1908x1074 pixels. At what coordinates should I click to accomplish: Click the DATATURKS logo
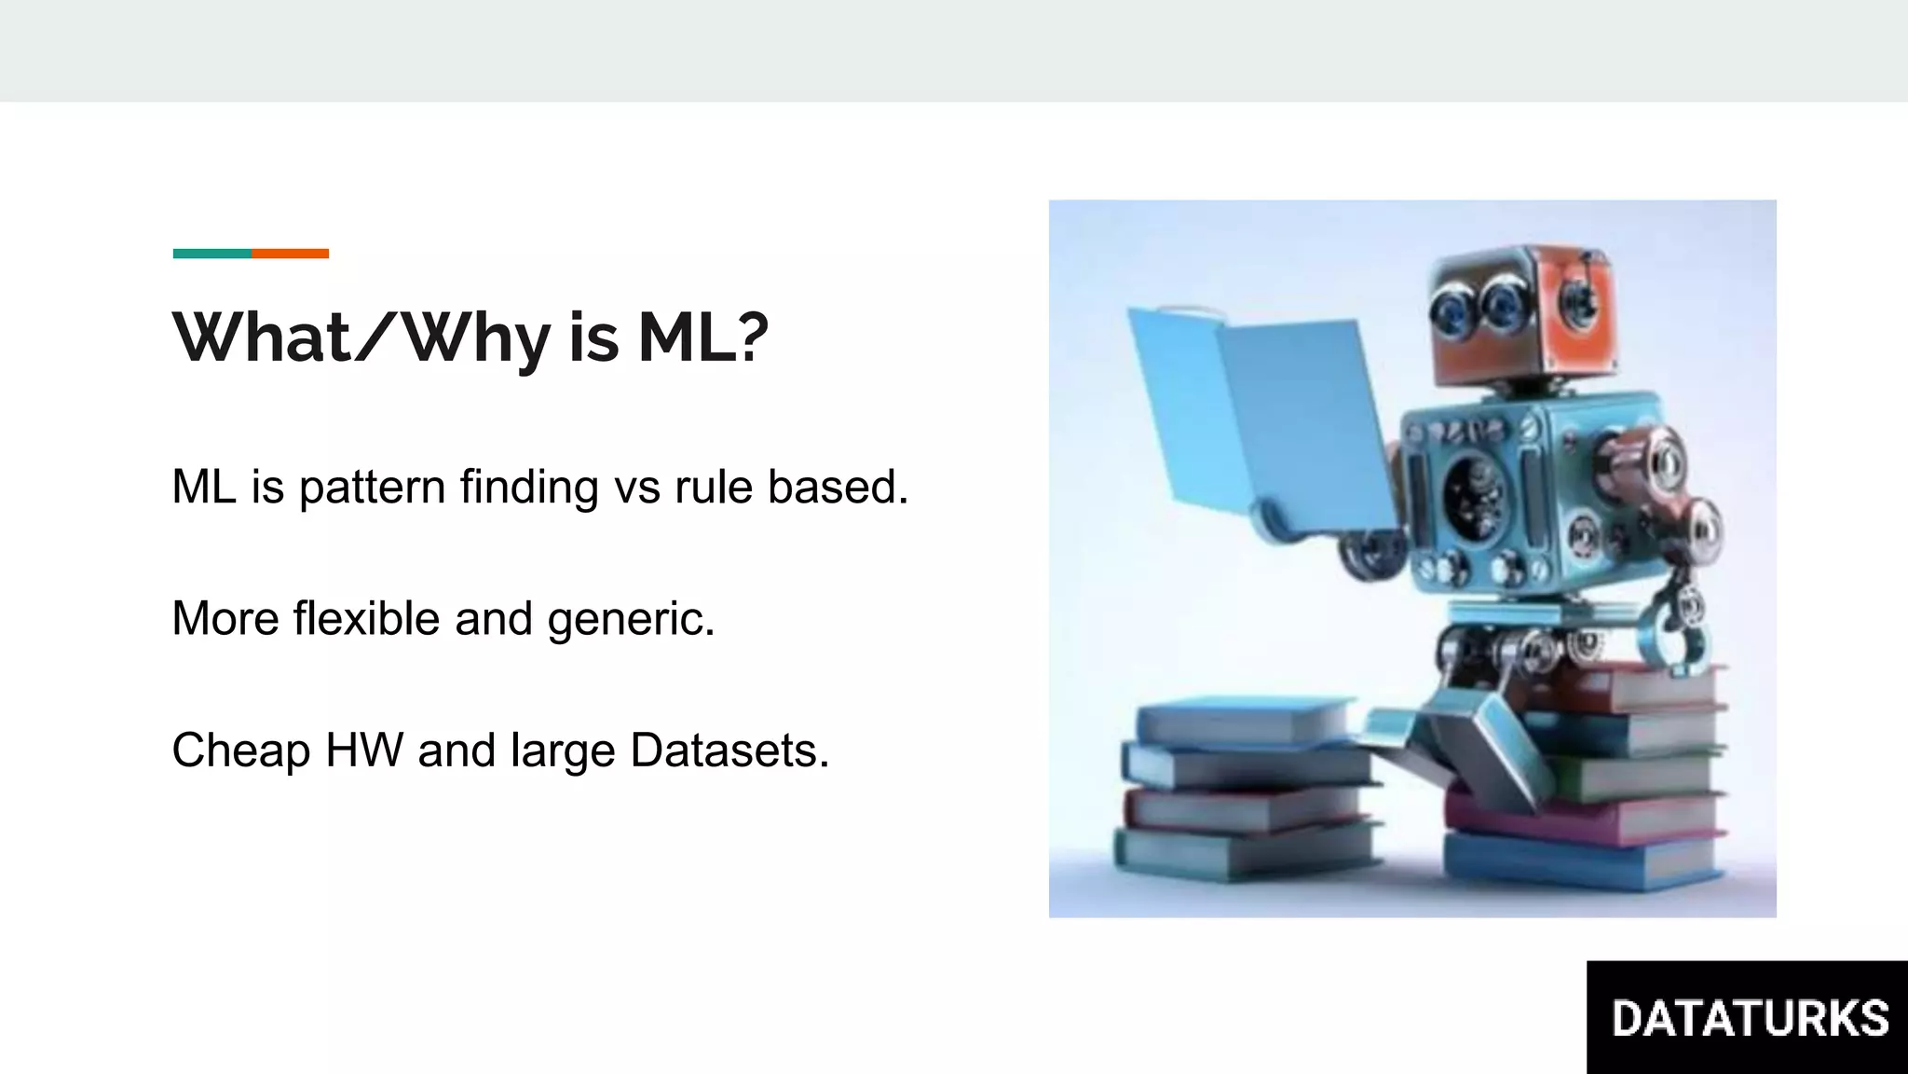click(x=1748, y=1017)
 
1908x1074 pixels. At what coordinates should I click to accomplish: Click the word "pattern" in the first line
click(x=372, y=488)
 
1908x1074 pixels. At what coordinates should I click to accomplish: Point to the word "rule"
click(x=713, y=487)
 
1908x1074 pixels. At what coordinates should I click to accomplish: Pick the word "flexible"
click(x=366, y=618)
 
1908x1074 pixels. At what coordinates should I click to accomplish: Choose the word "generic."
click(x=631, y=620)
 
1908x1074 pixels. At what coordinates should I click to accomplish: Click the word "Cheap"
click(x=240, y=751)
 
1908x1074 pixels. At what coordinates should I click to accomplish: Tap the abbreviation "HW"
click(x=364, y=750)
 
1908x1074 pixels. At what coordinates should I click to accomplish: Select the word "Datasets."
click(x=729, y=750)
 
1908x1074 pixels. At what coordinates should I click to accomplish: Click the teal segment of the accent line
click(x=211, y=254)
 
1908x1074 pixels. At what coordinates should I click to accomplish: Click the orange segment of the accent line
click(x=290, y=254)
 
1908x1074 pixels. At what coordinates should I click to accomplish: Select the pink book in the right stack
click(x=1584, y=819)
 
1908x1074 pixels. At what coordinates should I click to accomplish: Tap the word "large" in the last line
click(x=563, y=751)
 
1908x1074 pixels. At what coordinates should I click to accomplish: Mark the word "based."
click(x=838, y=487)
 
